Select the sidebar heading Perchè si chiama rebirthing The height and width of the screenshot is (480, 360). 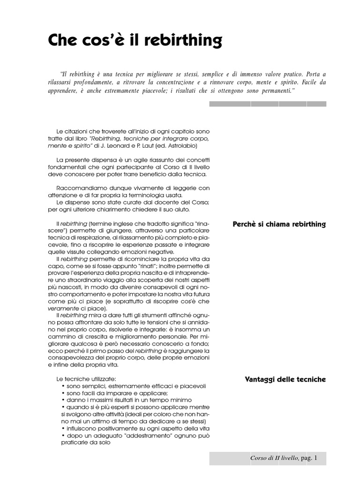coord(279,224)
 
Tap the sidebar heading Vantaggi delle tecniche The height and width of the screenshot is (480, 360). coord(285,379)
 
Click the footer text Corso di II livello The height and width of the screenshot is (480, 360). coord(274,458)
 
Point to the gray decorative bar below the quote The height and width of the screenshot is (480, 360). coord(267,104)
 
